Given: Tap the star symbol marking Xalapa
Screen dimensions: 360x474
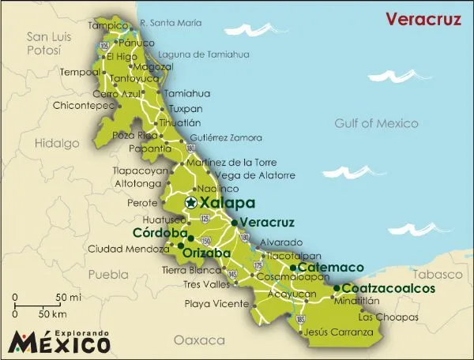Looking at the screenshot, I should coord(191,203).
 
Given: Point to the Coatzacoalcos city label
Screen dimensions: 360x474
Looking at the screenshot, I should coord(389,289).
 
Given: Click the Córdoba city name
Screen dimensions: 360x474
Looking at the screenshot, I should coord(159,234).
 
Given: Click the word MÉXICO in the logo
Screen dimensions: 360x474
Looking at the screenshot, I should coord(61,343).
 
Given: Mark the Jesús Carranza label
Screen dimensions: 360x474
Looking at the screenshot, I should coord(339,332).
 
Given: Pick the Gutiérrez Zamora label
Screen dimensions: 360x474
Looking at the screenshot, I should coord(226,137).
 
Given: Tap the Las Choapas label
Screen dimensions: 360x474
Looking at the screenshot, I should coord(388,317).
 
